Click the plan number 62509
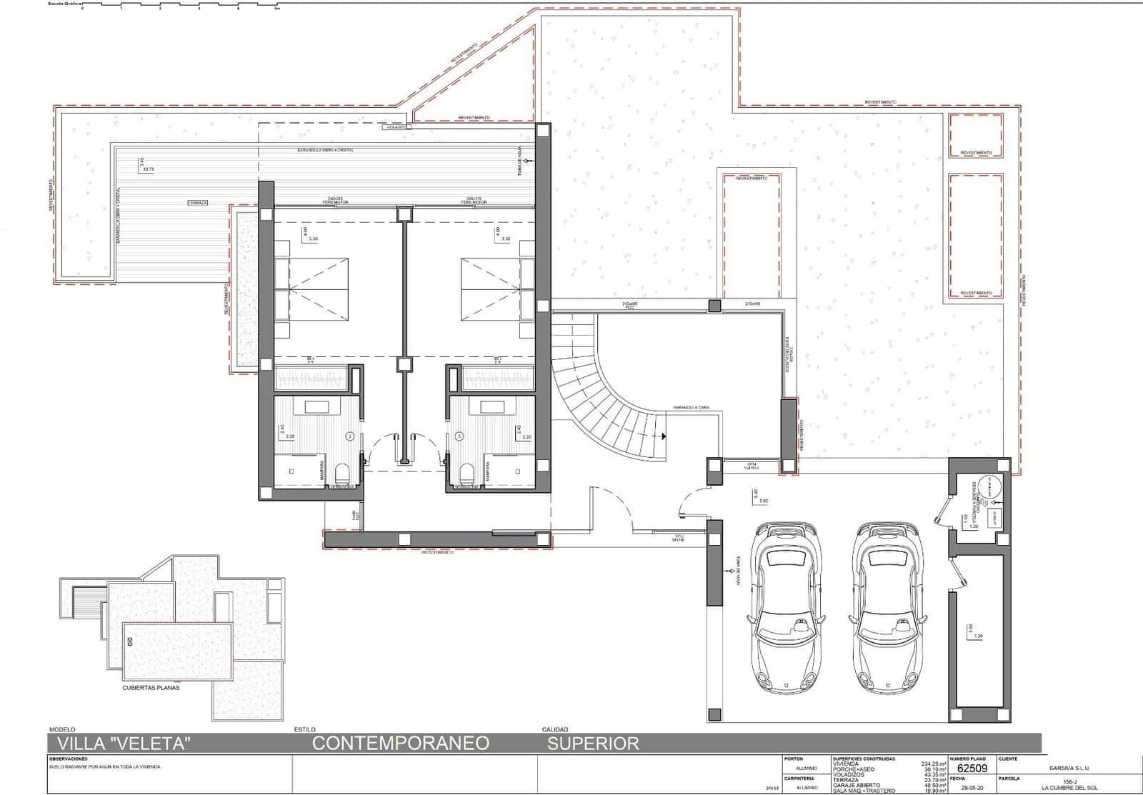click(972, 769)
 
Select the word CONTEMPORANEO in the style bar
click(401, 743)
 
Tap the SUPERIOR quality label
click(593, 743)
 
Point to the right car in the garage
click(885, 608)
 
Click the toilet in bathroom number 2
click(342, 471)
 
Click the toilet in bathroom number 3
click(467, 471)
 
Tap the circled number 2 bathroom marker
click(350, 434)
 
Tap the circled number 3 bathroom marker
click(459, 434)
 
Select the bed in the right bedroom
click(491, 289)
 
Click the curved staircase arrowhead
click(663, 435)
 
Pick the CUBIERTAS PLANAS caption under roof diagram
click(151, 688)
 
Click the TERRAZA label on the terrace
click(198, 203)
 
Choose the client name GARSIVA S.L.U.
click(1069, 769)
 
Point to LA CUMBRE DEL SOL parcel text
click(1069, 788)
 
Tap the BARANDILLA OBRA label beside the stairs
click(691, 408)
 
